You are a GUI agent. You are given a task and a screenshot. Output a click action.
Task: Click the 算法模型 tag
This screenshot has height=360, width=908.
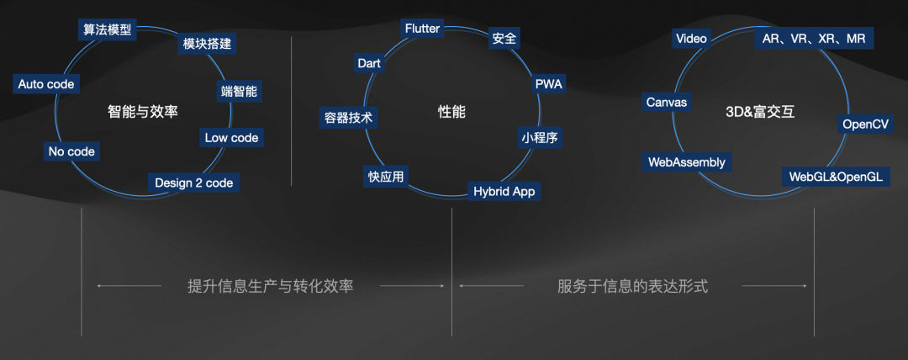[107, 29]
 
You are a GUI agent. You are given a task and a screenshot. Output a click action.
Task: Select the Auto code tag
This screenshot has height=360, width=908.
[46, 84]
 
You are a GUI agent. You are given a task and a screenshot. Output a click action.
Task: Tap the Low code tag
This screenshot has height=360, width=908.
[232, 137]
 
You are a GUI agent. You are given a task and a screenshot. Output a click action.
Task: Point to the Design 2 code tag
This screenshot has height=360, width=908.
[194, 183]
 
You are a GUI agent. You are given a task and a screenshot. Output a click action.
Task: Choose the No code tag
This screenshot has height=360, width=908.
[71, 151]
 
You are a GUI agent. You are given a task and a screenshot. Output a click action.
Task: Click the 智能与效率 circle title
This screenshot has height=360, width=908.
[143, 111]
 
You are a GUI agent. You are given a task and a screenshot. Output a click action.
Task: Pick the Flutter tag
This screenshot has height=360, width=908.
[422, 29]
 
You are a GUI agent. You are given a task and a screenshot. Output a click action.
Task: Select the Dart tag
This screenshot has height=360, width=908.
[370, 63]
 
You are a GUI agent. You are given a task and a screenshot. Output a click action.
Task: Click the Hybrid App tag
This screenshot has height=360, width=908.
[504, 191]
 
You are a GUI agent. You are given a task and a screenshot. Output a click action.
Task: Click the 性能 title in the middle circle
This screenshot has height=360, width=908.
[451, 111]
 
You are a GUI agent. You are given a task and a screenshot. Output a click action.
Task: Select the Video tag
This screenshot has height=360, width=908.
[691, 38]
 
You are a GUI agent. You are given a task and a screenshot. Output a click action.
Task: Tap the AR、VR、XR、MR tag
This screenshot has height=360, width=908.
[814, 38]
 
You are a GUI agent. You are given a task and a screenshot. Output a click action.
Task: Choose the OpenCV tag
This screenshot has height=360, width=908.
[865, 124]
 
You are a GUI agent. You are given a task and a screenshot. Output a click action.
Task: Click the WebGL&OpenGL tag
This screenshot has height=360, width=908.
[835, 177]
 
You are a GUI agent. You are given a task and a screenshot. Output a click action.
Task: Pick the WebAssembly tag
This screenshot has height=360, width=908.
[686, 162]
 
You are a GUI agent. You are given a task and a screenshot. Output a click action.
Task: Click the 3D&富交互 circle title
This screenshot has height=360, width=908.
[759, 111]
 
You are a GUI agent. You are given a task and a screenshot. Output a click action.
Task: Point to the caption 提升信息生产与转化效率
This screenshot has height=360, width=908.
[270, 286]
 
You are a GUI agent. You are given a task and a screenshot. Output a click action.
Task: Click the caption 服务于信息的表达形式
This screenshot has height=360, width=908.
[632, 286]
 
